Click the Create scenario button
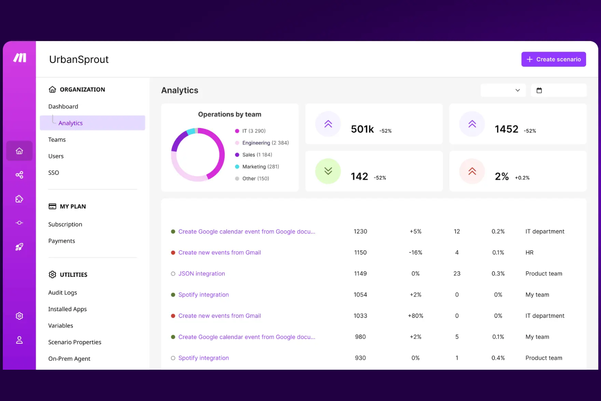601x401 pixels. [x=553, y=59]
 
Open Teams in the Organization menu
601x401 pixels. [x=57, y=140]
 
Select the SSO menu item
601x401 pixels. [x=54, y=173]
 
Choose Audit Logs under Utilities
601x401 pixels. [x=63, y=292]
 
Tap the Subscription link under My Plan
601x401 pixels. [x=65, y=224]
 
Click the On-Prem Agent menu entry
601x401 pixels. [x=69, y=359]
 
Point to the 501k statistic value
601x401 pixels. [x=362, y=129]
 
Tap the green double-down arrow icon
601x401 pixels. [x=328, y=171]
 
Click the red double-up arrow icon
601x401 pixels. [x=472, y=171]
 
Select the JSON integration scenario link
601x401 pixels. [x=202, y=273]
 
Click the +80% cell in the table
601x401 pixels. [x=415, y=316]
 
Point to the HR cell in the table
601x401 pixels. [x=530, y=253]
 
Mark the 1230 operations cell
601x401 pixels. [x=360, y=231]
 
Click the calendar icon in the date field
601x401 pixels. [x=539, y=90]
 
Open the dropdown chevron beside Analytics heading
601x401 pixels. [x=518, y=90]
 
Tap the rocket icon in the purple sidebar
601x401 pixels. [x=19, y=247]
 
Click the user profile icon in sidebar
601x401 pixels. [x=19, y=340]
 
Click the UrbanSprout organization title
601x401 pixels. [x=79, y=59]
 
